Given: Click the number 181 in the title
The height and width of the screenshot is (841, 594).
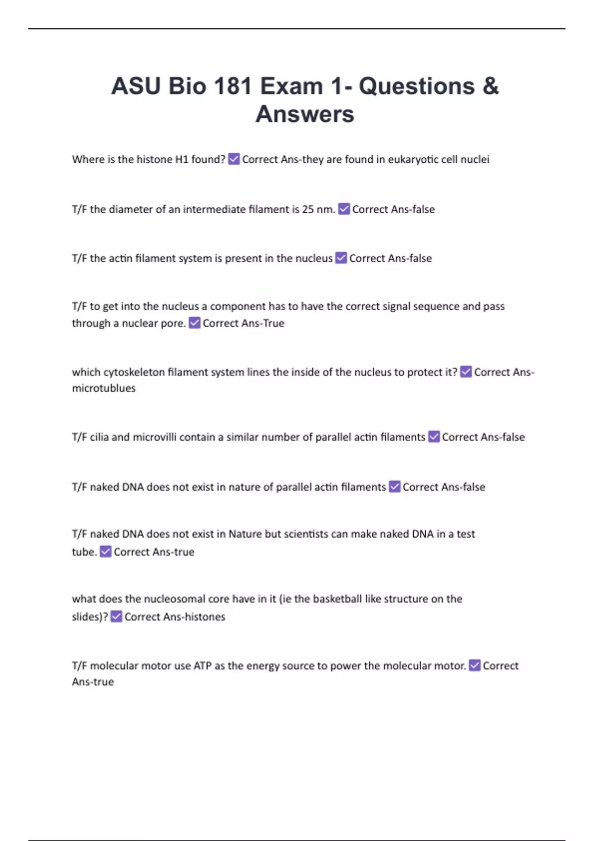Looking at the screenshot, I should click(233, 86).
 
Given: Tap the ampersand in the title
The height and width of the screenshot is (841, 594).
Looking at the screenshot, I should click(490, 86).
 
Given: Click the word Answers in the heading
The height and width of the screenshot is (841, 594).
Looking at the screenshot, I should click(305, 114).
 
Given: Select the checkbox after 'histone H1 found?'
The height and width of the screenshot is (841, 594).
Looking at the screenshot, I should click(234, 159).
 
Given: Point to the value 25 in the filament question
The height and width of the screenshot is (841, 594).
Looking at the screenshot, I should click(308, 209).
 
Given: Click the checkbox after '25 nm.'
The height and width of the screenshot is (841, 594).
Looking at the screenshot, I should click(344, 209).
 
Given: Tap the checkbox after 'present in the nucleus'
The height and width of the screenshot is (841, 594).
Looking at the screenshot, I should click(341, 258).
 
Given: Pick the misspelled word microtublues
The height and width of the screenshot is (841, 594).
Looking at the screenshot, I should click(103, 388).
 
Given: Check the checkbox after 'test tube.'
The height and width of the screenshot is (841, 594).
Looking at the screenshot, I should click(105, 552).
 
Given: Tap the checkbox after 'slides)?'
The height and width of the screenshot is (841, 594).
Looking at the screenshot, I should click(116, 617).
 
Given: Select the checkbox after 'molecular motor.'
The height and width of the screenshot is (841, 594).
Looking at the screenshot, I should click(475, 666).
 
